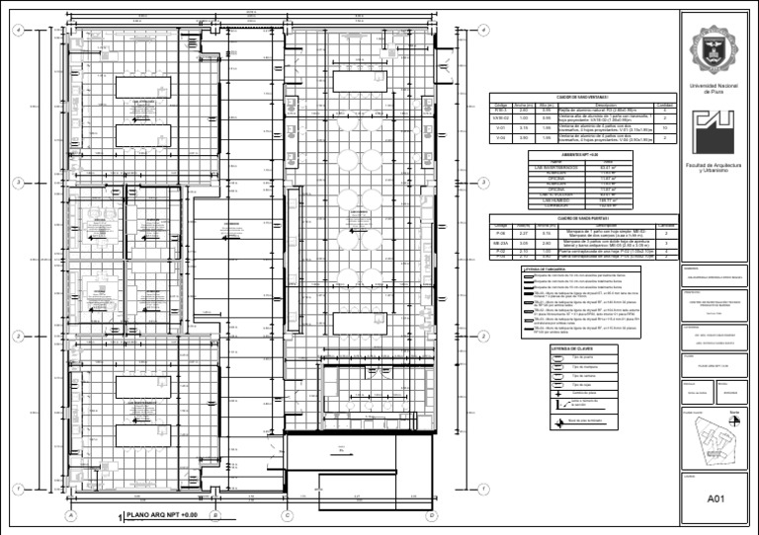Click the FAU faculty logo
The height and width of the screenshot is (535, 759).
coord(713,132)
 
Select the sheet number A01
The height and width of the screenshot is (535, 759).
coord(717,500)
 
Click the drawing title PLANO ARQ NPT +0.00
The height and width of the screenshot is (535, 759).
coord(163,515)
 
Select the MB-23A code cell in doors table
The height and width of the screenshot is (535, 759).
coord(501,243)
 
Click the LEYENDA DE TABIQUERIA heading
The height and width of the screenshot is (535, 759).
coord(545,267)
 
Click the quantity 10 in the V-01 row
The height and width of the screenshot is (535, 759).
coord(665,128)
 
